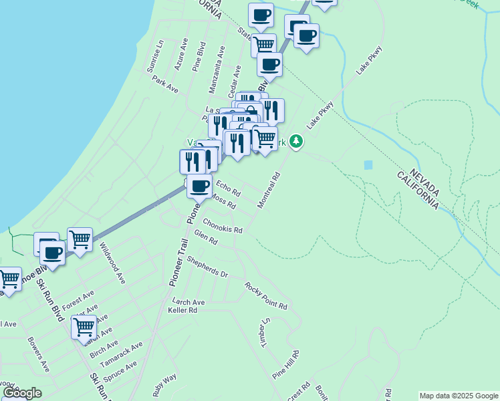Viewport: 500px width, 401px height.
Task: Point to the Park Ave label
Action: pos(165,84)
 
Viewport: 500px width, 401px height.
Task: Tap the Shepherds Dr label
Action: pos(207,266)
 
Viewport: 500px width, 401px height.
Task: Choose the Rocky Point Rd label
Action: pos(265,296)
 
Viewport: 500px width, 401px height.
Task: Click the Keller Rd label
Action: pos(182,310)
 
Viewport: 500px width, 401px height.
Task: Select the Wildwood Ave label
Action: pos(112,263)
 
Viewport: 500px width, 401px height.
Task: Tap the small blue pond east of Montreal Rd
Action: pos(368,164)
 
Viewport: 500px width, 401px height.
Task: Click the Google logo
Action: pos(21,393)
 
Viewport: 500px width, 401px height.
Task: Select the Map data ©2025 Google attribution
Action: pos(459,396)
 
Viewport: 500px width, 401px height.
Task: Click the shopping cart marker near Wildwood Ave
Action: pos(80,239)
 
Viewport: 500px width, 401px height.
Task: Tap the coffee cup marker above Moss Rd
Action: pos(199,185)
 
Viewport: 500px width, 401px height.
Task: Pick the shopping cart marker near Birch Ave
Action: pos(84,327)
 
